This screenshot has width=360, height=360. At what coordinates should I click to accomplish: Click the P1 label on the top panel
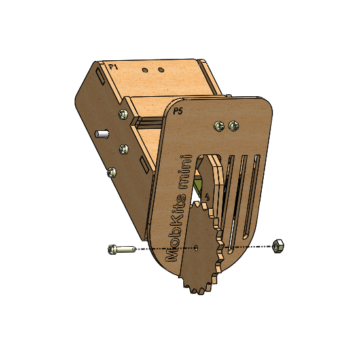click(113, 67)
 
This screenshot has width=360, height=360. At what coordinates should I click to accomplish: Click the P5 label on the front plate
click(177, 111)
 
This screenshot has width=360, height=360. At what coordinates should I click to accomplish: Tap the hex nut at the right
click(278, 246)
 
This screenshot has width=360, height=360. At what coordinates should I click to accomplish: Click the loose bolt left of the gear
click(122, 249)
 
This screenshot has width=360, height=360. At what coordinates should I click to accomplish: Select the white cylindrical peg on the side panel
click(101, 134)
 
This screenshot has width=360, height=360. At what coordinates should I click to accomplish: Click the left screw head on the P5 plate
click(219, 126)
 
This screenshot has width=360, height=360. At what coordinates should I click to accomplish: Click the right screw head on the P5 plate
click(234, 126)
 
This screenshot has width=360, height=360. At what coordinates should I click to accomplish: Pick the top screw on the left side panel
click(124, 114)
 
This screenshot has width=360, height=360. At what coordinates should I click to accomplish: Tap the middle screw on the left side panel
click(124, 149)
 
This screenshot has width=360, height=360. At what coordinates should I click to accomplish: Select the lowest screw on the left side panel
click(112, 172)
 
